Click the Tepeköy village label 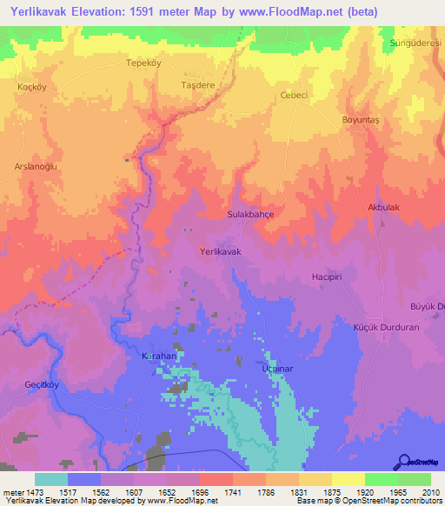[x=144, y=63]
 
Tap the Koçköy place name [x=30, y=87]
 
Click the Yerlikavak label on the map [x=220, y=250]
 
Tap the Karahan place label [x=159, y=356]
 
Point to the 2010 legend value [x=429, y=492]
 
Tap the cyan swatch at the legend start [x=50, y=479]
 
